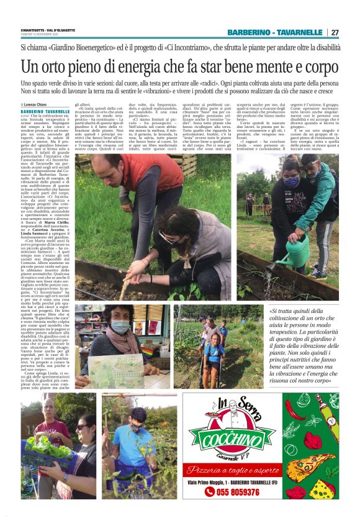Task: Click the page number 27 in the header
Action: click(335, 32)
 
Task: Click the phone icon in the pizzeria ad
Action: click(210, 492)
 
